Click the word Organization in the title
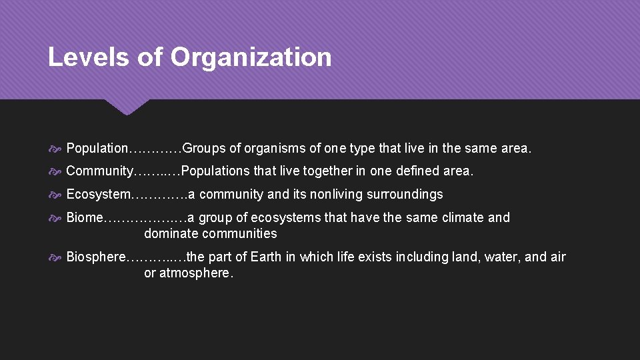point(251,57)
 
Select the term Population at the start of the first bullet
point(97,148)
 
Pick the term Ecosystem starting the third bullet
point(99,194)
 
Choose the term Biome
point(85,217)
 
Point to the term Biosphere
point(96,257)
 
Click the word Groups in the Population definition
point(204,148)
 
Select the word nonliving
point(317,194)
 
